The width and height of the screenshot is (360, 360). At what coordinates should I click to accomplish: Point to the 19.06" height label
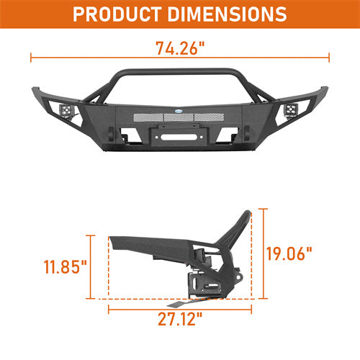click(x=289, y=253)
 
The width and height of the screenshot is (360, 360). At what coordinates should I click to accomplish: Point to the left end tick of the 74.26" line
click(x=30, y=56)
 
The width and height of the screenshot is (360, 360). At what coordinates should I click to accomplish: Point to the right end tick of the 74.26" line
click(x=330, y=56)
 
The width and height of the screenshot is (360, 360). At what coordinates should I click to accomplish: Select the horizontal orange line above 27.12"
click(x=180, y=312)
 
